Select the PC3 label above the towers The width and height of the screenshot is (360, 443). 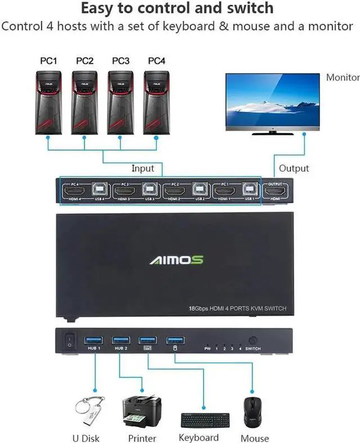pyautogui.click(x=120, y=60)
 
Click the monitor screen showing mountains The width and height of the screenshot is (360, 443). pyautogui.click(x=272, y=101)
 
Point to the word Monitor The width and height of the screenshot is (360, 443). pyautogui.click(x=343, y=78)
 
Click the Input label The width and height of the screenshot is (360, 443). pyautogui.click(x=143, y=168)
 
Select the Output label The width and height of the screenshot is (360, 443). pyautogui.click(x=294, y=168)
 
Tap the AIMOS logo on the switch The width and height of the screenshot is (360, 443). pyautogui.click(x=176, y=260)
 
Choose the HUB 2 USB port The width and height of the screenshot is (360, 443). pyautogui.click(x=120, y=339)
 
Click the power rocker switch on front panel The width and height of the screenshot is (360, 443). pyautogui.click(x=70, y=341)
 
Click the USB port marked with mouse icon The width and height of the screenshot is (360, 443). pyautogui.click(x=174, y=339)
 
